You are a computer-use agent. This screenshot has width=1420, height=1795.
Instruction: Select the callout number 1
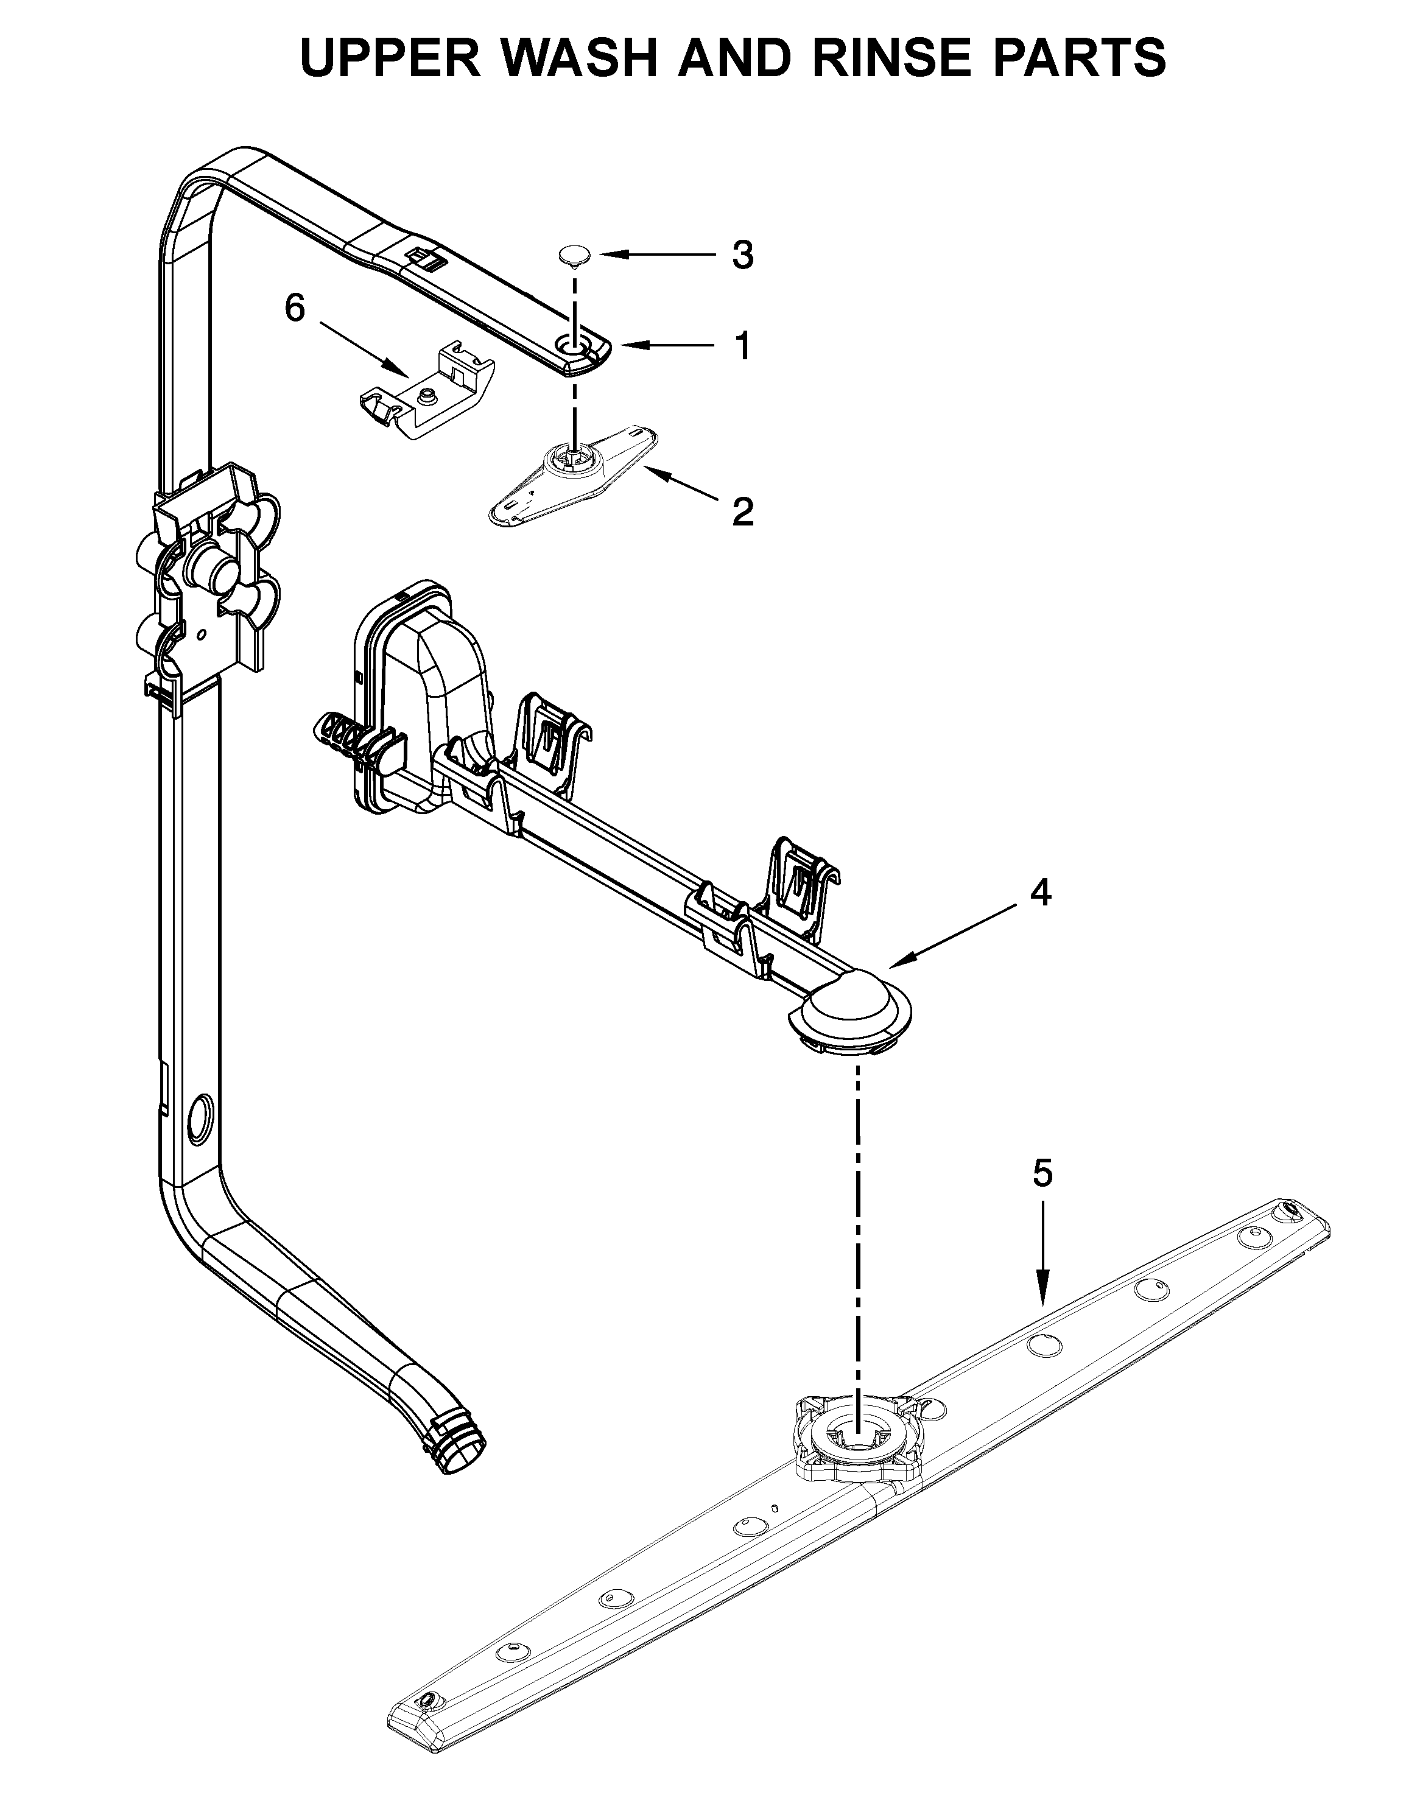[742, 346]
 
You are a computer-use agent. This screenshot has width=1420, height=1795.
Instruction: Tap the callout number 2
[742, 511]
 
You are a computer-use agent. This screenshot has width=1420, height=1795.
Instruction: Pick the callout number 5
[1042, 1173]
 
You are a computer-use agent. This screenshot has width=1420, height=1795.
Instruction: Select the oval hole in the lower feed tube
[201, 1115]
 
